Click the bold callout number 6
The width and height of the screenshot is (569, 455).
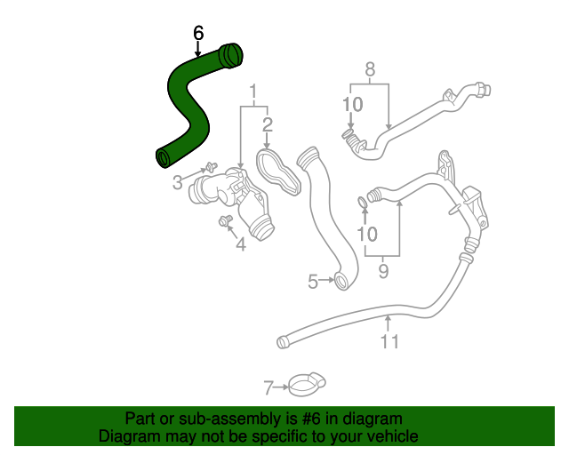[198, 33]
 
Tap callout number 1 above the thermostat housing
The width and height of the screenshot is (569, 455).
[253, 92]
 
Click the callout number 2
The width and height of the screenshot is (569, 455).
[267, 124]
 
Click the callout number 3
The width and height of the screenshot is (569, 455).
[177, 182]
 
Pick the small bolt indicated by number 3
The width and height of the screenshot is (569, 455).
[211, 167]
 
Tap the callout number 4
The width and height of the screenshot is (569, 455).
[241, 244]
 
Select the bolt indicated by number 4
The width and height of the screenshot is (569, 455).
[225, 220]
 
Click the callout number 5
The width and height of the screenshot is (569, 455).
[313, 282]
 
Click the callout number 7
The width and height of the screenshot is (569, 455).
[268, 387]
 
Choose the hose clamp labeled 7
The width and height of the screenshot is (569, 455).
[307, 385]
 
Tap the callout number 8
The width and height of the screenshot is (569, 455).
[370, 69]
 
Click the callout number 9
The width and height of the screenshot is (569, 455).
[383, 271]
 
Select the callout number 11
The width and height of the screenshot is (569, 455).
[389, 341]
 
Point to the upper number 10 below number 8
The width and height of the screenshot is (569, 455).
[353, 105]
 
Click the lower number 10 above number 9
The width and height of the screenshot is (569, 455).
[367, 235]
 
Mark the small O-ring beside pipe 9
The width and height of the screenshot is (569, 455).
[363, 203]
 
